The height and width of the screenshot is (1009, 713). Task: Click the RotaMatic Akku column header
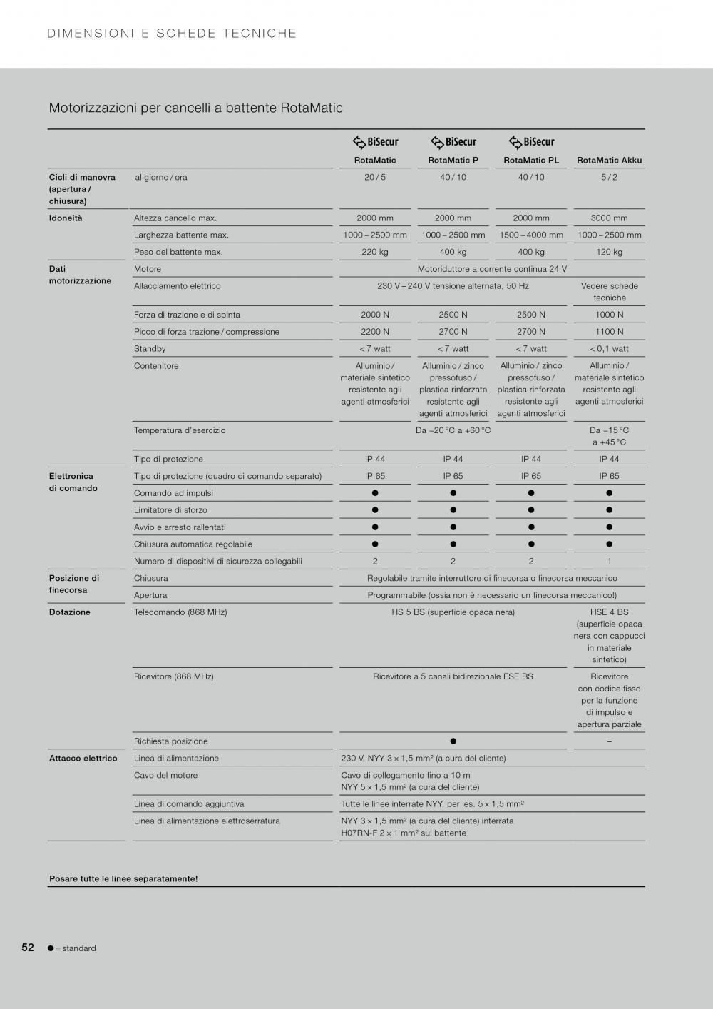(x=609, y=161)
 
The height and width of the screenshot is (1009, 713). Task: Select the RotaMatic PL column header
(x=531, y=161)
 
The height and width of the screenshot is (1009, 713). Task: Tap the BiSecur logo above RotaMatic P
(x=453, y=142)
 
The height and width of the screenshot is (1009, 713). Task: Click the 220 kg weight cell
(x=375, y=252)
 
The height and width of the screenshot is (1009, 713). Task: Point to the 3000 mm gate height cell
(x=609, y=218)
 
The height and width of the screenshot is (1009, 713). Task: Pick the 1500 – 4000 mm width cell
(x=531, y=235)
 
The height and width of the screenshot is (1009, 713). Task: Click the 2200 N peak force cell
(x=375, y=332)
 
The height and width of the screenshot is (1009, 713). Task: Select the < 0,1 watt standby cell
(x=609, y=349)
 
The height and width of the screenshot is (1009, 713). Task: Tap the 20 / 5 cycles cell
(x=375, y=178)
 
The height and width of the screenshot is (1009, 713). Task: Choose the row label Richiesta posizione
(x=171, y=741)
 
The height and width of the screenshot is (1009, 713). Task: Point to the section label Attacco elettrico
(x=83, y=759)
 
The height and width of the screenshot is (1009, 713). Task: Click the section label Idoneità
(x=66, y=218)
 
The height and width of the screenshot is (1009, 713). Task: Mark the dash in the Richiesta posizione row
(x=609, y=741)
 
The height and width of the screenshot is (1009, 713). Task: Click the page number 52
(x=28, y=948)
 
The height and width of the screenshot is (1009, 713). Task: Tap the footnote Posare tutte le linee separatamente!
(x=123, y=879)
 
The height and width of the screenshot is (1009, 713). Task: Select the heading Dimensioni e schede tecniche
(x=172, y=34)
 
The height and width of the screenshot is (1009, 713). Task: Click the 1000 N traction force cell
(x=609, y=315)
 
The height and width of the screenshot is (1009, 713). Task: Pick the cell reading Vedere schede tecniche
(x=609, y=292)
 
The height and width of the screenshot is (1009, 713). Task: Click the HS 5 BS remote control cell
(x=453, y=612)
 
